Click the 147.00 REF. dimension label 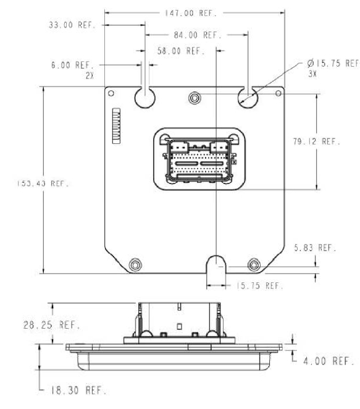click(191, 13)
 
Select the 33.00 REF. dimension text click(72, 25)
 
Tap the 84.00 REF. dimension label click(198, 35)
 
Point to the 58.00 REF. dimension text click(181, 51)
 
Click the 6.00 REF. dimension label click(72, 65)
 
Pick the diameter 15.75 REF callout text click(333, 63)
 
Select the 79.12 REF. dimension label click(317, 141)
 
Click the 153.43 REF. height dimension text click(43, 183)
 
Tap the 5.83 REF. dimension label click(315, 248)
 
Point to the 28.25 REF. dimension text click(52, 325)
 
